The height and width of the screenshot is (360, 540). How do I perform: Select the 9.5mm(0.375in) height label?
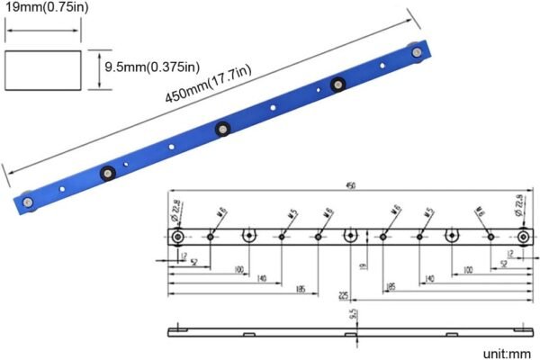point(150,67)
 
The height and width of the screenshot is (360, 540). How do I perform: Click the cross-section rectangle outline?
point(43,69)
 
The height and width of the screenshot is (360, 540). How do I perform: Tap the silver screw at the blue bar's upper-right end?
point(419,56)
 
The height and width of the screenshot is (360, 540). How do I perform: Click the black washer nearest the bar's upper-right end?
point(337,85)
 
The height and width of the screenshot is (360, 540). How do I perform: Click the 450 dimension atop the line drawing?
point(351,186)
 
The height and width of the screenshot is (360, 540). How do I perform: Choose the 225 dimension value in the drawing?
point(343,293)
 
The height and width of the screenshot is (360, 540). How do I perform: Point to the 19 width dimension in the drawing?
point(362,266)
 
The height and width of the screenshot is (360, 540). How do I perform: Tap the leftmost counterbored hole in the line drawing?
point(178,236)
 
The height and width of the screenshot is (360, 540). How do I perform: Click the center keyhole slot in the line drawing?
point(351,236)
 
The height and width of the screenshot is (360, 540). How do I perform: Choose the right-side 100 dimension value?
point(467,270)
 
